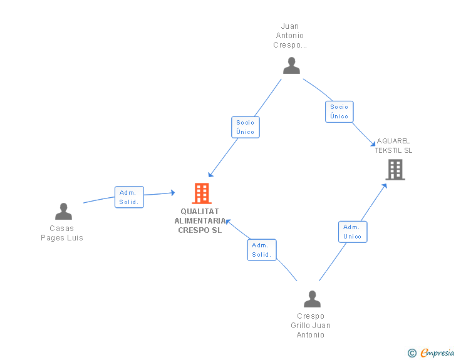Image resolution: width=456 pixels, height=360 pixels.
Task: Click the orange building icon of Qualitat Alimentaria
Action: coord(201,193)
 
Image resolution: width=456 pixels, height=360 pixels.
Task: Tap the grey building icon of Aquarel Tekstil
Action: coord(395,169)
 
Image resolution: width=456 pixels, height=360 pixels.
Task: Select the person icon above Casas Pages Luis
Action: coord(63,212)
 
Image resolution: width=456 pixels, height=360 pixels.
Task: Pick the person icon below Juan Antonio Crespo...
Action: coord(291,66)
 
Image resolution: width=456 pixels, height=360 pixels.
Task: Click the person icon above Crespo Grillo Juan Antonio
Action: coord(312,299)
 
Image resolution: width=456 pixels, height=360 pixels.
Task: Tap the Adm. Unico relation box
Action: coord(352,232)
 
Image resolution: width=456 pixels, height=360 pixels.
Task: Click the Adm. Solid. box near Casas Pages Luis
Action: coord(129,197)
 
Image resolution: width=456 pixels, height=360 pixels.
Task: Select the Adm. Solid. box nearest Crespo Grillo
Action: coord(261,250)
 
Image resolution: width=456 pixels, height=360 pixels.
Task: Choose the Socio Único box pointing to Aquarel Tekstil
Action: coord(339,111)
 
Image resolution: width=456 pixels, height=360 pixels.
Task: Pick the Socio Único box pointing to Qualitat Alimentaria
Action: coord(245,127)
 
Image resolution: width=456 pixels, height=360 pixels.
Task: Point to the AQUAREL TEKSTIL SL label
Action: coord(393,146)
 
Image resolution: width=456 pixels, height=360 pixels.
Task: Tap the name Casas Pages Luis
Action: coord(62,233)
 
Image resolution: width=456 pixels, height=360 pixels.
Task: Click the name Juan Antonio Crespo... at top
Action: coord(290,36)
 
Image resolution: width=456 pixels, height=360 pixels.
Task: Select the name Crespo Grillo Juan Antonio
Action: coord(311,326)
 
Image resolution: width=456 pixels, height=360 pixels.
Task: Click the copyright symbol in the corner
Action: coord(412,354)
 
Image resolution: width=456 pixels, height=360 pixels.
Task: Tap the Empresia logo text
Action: coord(437,353)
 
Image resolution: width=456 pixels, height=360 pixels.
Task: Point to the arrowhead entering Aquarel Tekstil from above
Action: coord(373,144)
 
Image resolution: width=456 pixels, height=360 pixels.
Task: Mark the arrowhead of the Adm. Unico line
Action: coord(386,185)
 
